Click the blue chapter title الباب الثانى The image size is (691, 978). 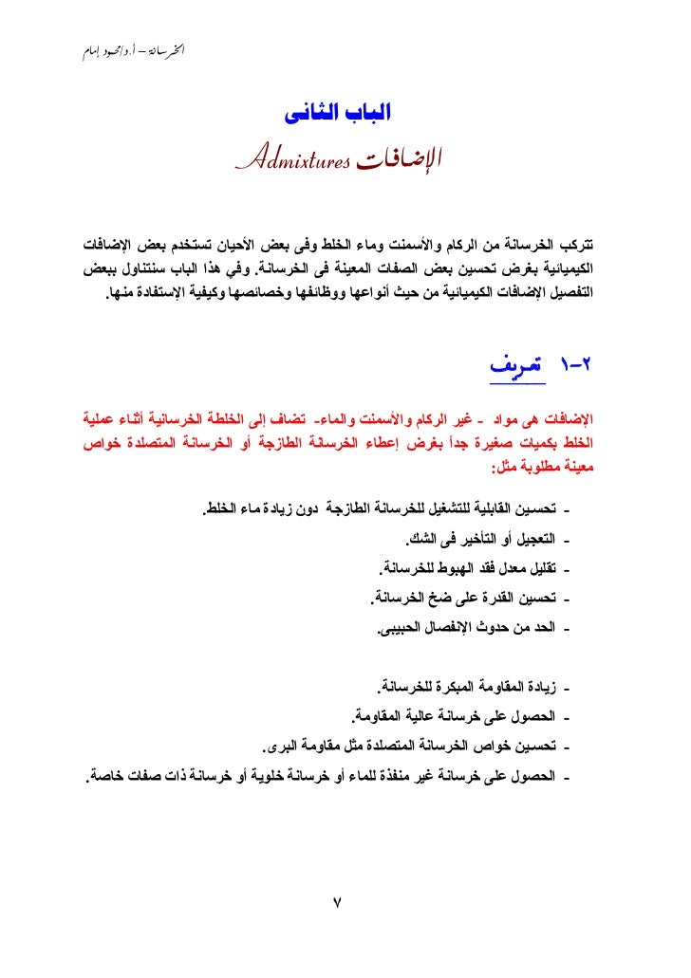pyautogui.click(x=339, y=116)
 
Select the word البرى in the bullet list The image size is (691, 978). pyautogui.click(x=275, y=743)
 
